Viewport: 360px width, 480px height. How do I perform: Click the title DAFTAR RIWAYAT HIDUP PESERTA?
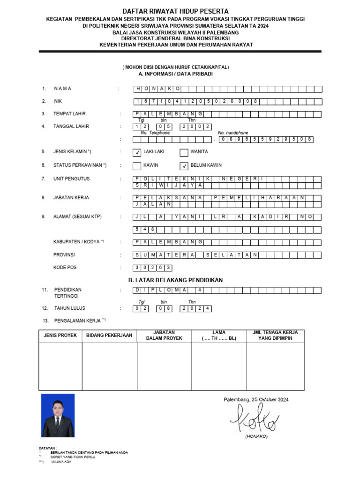[175, 11]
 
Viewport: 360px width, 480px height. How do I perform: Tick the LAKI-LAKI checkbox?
[137, 152]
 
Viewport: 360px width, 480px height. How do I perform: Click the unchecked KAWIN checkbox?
[137, 166]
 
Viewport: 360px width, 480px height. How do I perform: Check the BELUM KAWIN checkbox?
[184, 166]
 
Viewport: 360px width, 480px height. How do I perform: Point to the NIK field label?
[58, 101]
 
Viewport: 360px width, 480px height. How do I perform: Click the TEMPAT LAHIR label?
[69, 114]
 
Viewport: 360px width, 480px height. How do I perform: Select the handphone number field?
[265, 139]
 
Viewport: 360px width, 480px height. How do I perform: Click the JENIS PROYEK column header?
[60, 336]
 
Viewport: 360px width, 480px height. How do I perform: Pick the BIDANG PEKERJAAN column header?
[109, 336]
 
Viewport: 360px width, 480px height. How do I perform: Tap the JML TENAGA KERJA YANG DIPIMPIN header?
[275, 335]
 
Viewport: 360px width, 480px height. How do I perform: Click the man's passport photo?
[58, 415]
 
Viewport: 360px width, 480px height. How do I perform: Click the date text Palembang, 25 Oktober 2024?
[255, 399]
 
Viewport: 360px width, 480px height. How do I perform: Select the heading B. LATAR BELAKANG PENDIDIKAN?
[175, 280]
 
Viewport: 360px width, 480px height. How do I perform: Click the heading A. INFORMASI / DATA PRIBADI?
[175, 74]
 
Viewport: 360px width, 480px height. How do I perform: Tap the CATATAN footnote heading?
[47, 448]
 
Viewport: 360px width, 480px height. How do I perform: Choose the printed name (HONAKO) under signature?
[256, 436]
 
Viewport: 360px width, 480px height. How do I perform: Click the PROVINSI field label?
[64, 255]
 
